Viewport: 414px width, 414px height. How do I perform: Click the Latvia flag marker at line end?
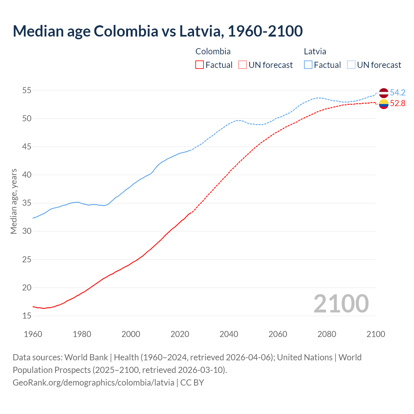[x=383, y=93]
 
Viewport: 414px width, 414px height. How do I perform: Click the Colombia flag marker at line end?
[x=383, y=104]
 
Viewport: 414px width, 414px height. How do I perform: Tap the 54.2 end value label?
[x=398, y=93]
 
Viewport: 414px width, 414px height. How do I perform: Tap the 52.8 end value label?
[x=398, y=103]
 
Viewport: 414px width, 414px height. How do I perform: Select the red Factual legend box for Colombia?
[x=200, y=65]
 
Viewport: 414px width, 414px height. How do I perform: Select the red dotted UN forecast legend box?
[x=243, y=65]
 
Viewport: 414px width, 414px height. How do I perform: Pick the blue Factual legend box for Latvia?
[x=308, y=65]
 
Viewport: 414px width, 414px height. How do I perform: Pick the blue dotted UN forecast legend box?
[x=351, y=65]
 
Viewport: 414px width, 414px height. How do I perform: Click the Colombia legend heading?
[x=213, y=51]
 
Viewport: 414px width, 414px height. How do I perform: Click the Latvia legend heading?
[x=315, y=51]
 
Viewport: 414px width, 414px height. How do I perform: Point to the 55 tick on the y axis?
[x=27, y=91]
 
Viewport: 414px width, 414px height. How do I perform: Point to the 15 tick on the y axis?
[x=27, y=316]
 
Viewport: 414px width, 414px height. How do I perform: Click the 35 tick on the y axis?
[x=27, y=203]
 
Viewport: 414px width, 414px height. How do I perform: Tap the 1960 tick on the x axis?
[x=33, y=334]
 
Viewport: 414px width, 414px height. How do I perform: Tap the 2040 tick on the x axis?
[x=229, y=334]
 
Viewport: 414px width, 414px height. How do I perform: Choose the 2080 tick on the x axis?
[x=327, y=334]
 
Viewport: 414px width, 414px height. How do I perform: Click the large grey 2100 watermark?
[x=341, y=303]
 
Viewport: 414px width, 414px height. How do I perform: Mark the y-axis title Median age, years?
[x=14, y=201]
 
